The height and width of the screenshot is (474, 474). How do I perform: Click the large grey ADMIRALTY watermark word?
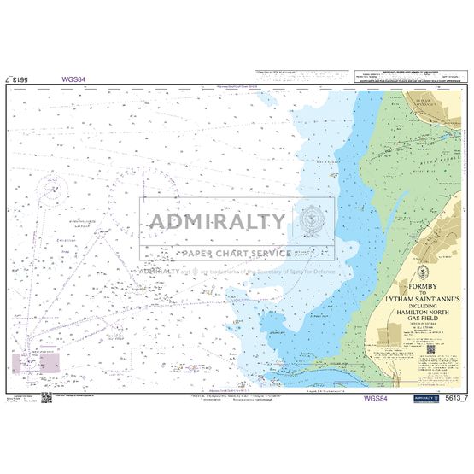click(219, 221)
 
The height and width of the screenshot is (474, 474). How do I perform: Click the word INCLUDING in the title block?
click(436, 309)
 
